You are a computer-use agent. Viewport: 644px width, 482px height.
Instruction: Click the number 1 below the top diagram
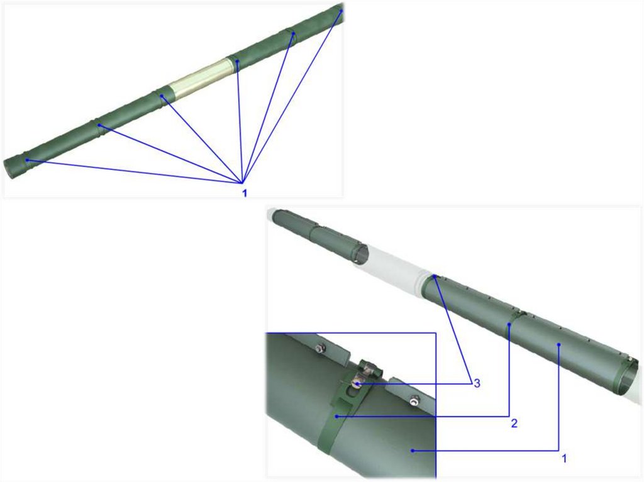coord(245,192)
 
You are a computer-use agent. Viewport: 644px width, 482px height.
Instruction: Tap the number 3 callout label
coord(477,383)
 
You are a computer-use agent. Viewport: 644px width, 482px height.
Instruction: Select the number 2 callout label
coord(514,424)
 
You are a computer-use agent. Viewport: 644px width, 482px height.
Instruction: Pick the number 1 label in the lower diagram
coord(564,458)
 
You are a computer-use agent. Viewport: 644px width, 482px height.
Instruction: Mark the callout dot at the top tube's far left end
coord(26,160)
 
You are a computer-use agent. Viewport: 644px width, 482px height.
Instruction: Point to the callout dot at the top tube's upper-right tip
coord(341,11)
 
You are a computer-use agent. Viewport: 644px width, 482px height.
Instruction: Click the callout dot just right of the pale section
coord(237,61)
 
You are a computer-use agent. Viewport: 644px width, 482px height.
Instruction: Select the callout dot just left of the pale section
coord(162,96)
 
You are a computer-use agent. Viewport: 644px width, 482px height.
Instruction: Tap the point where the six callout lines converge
coord(243,183)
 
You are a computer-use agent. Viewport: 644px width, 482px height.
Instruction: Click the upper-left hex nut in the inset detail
coord(319,349)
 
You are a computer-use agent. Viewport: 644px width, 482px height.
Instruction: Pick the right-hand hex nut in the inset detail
coord(414,398)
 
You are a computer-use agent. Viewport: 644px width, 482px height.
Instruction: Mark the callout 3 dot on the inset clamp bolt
coord(358,384)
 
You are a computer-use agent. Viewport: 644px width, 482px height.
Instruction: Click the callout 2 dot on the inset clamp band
coord(336,417)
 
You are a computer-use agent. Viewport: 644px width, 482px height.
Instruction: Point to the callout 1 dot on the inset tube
coord(413,451)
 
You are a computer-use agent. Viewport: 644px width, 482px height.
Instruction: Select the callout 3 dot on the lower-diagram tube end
coord(434,277)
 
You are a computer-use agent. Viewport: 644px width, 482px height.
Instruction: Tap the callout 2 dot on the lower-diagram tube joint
coord(509,324)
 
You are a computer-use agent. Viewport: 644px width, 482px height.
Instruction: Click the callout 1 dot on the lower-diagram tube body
coord(558,345)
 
